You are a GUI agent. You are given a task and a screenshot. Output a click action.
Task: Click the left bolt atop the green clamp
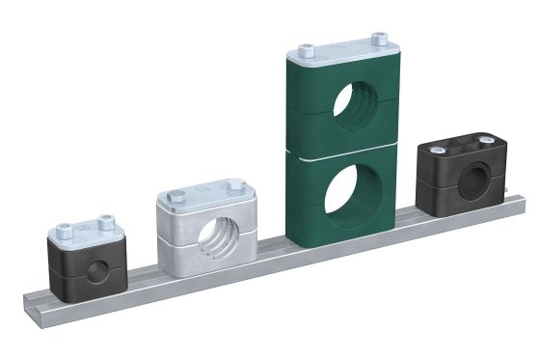307,50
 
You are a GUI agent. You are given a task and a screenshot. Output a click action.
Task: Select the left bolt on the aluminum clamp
173,197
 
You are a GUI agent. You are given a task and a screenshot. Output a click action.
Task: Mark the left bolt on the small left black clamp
65,230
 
